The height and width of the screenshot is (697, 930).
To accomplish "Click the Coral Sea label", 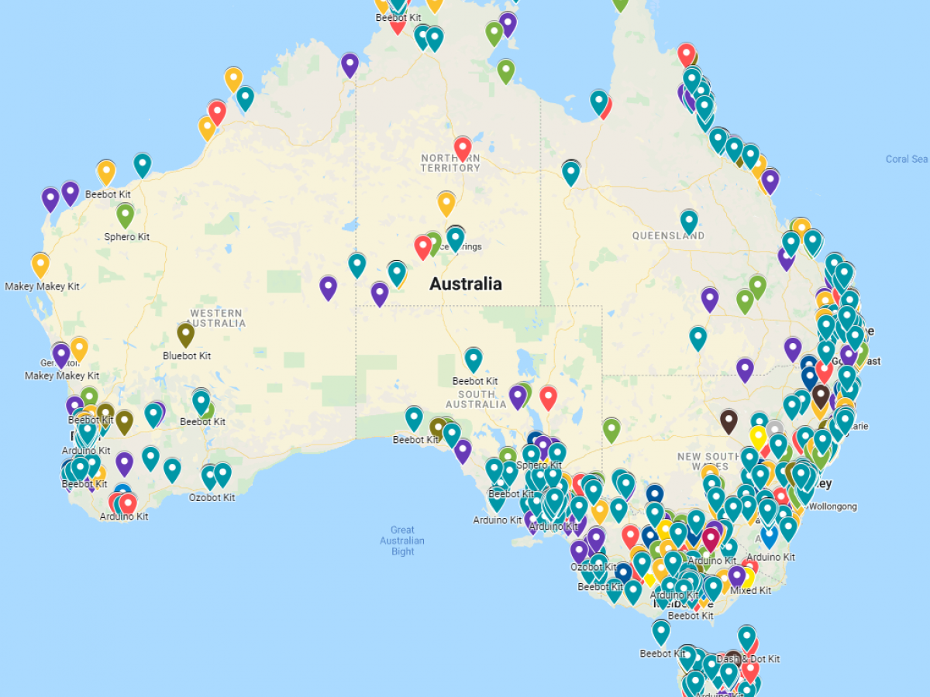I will click(907, 160).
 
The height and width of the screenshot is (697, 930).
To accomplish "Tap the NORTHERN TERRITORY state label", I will click(450, 163).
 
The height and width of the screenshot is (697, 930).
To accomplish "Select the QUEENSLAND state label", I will click(668, 235).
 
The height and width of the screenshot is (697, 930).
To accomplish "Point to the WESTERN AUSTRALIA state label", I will click(217, 318).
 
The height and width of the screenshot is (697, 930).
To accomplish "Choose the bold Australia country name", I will click(465, 284).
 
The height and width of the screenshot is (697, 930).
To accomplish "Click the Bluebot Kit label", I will click(187, 356).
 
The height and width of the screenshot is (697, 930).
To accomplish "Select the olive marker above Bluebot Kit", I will click(185, 335).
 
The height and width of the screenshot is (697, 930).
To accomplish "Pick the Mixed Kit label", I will click(750, 591).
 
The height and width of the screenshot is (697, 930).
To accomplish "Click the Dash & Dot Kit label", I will click(748, 659).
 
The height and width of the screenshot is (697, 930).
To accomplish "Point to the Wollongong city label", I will click(832, 506).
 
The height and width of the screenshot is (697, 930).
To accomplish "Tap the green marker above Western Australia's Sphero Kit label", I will click(126, 215).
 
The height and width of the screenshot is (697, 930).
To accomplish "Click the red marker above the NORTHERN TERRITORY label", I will click(463, 147).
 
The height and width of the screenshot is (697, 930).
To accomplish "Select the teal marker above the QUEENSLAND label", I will click(689, 221).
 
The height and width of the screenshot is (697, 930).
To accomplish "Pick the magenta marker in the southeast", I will click(711, 538).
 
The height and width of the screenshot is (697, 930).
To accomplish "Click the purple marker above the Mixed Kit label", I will click(737, 575).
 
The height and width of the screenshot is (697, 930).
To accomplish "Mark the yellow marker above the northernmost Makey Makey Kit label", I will click(40, 265).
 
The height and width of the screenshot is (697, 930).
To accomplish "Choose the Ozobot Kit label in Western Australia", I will click(212, 497).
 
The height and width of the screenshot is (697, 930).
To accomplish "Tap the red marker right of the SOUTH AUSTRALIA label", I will click(548, 397).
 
